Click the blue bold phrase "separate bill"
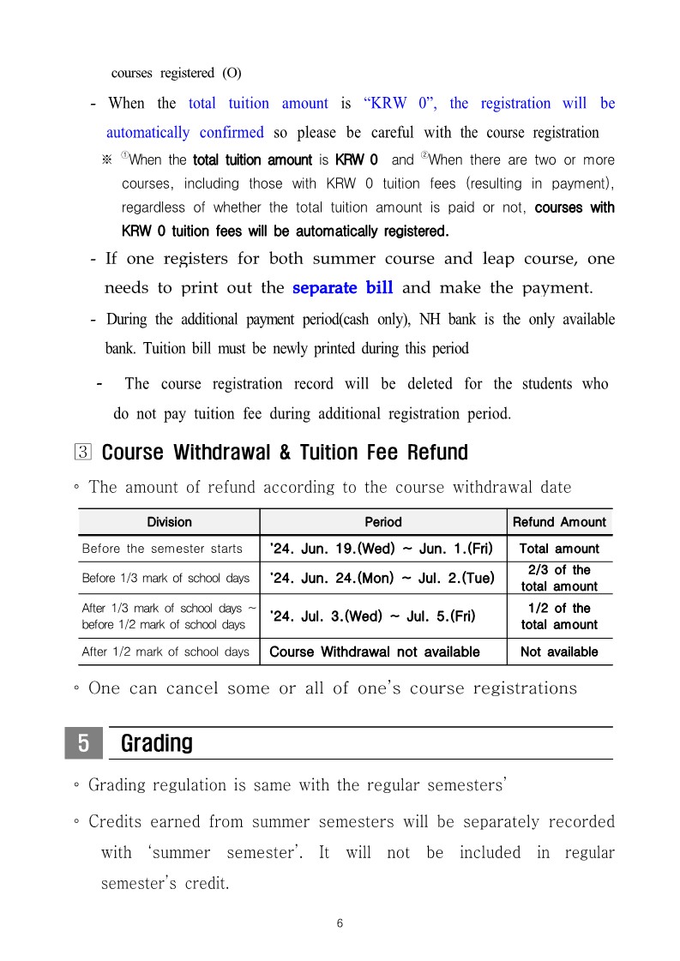point(342,287)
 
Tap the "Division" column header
point(169,521)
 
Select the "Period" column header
point(382,521)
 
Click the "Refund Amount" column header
point(559,521)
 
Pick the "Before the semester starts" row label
point(162,549)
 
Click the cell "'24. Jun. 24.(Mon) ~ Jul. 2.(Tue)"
point(382,578)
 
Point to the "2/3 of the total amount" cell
point(559,578)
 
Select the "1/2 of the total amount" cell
point(559,616)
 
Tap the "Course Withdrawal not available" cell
point(375,652)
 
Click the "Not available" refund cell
point(559,652)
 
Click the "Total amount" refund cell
point(559,549)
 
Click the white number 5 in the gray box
point(84,743)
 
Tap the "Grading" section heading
point(157,743)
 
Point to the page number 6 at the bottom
point(340,923)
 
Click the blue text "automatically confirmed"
point(184,132)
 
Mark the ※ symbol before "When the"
point(107,160)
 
